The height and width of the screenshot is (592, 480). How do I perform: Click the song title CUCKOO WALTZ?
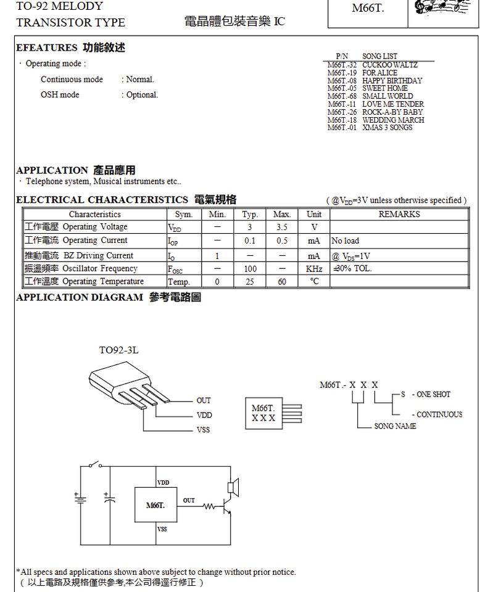point(390,65)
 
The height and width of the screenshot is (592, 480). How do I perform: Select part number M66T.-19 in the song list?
point(342,73)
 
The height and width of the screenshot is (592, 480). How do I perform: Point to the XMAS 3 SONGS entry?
point(387,128)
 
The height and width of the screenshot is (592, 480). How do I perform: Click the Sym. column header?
point(184,215)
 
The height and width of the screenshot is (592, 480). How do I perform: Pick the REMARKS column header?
point(399,215)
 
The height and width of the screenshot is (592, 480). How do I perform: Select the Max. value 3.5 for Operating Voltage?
point(282,228)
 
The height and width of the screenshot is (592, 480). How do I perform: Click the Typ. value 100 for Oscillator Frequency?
point(250,269)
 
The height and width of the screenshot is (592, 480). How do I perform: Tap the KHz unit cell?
point(314,269)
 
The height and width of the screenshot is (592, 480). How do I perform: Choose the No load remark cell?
point(346,240)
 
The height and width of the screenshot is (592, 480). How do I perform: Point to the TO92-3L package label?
point(119,350)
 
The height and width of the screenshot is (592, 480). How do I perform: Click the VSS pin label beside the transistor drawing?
point(203,430)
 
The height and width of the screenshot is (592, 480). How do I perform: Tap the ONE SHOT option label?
point(433,394)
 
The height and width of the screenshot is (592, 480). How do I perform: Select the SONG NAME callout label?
point(395,426)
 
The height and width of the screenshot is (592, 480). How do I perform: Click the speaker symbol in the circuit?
point(233,487)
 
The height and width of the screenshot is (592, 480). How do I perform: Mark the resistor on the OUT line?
point(209,507)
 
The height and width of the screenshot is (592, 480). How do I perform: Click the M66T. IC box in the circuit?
point(155,506)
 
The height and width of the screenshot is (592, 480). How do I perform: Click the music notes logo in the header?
point(441,7)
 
